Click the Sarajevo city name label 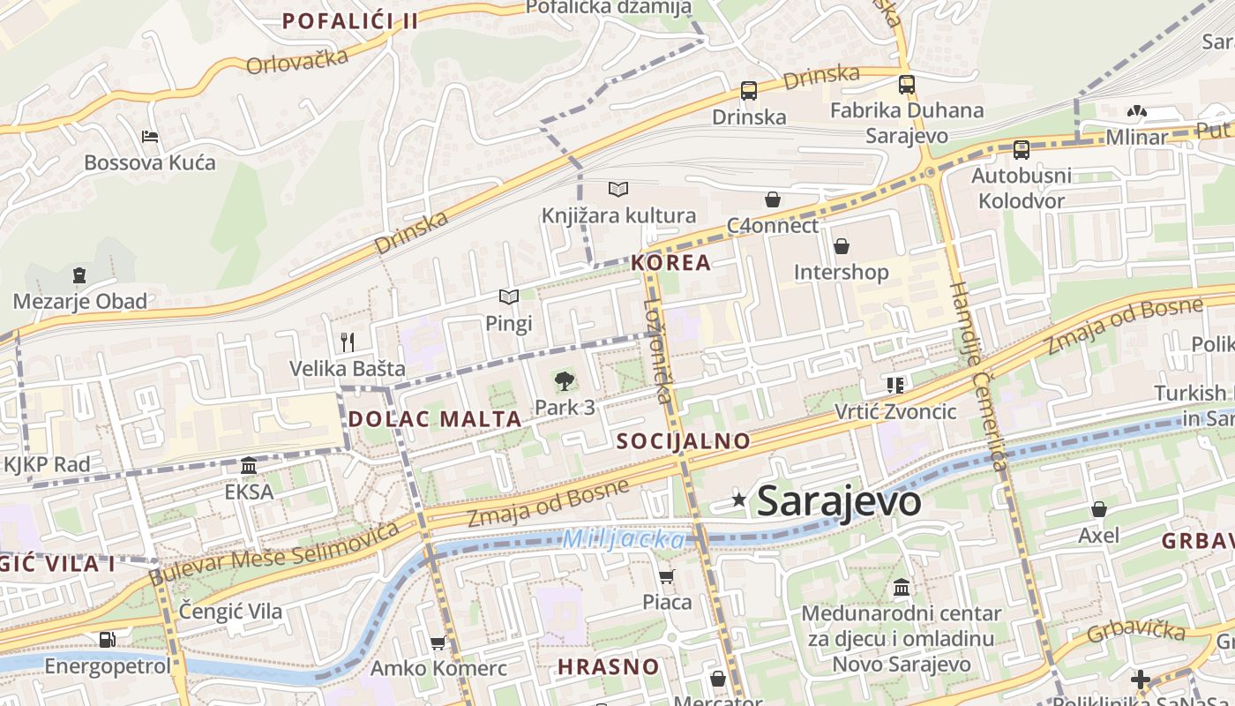(x=839, y=501)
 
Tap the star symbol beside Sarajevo (x=739, y=500)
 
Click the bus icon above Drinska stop (x=748, y=90)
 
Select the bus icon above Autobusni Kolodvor (x=1021, y=149)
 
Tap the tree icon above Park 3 (x=564, y=381)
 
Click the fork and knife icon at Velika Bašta (x=348, y=342)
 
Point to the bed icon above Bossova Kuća (x=150, y=137)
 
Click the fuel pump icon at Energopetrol (x=107, y=639)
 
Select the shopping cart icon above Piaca (x=667, y=576)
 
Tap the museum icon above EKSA (x=249, y=465)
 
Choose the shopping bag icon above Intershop (x=841, y=245)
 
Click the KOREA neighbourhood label (x=670, y=262)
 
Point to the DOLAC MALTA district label (x=435, y=418)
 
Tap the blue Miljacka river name (x=624, y=538)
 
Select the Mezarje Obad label (x=80, y=302)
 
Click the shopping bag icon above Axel (x=1098, y=509)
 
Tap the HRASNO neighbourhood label (x=609, y=666)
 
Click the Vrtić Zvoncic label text (x=895, y=411)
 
